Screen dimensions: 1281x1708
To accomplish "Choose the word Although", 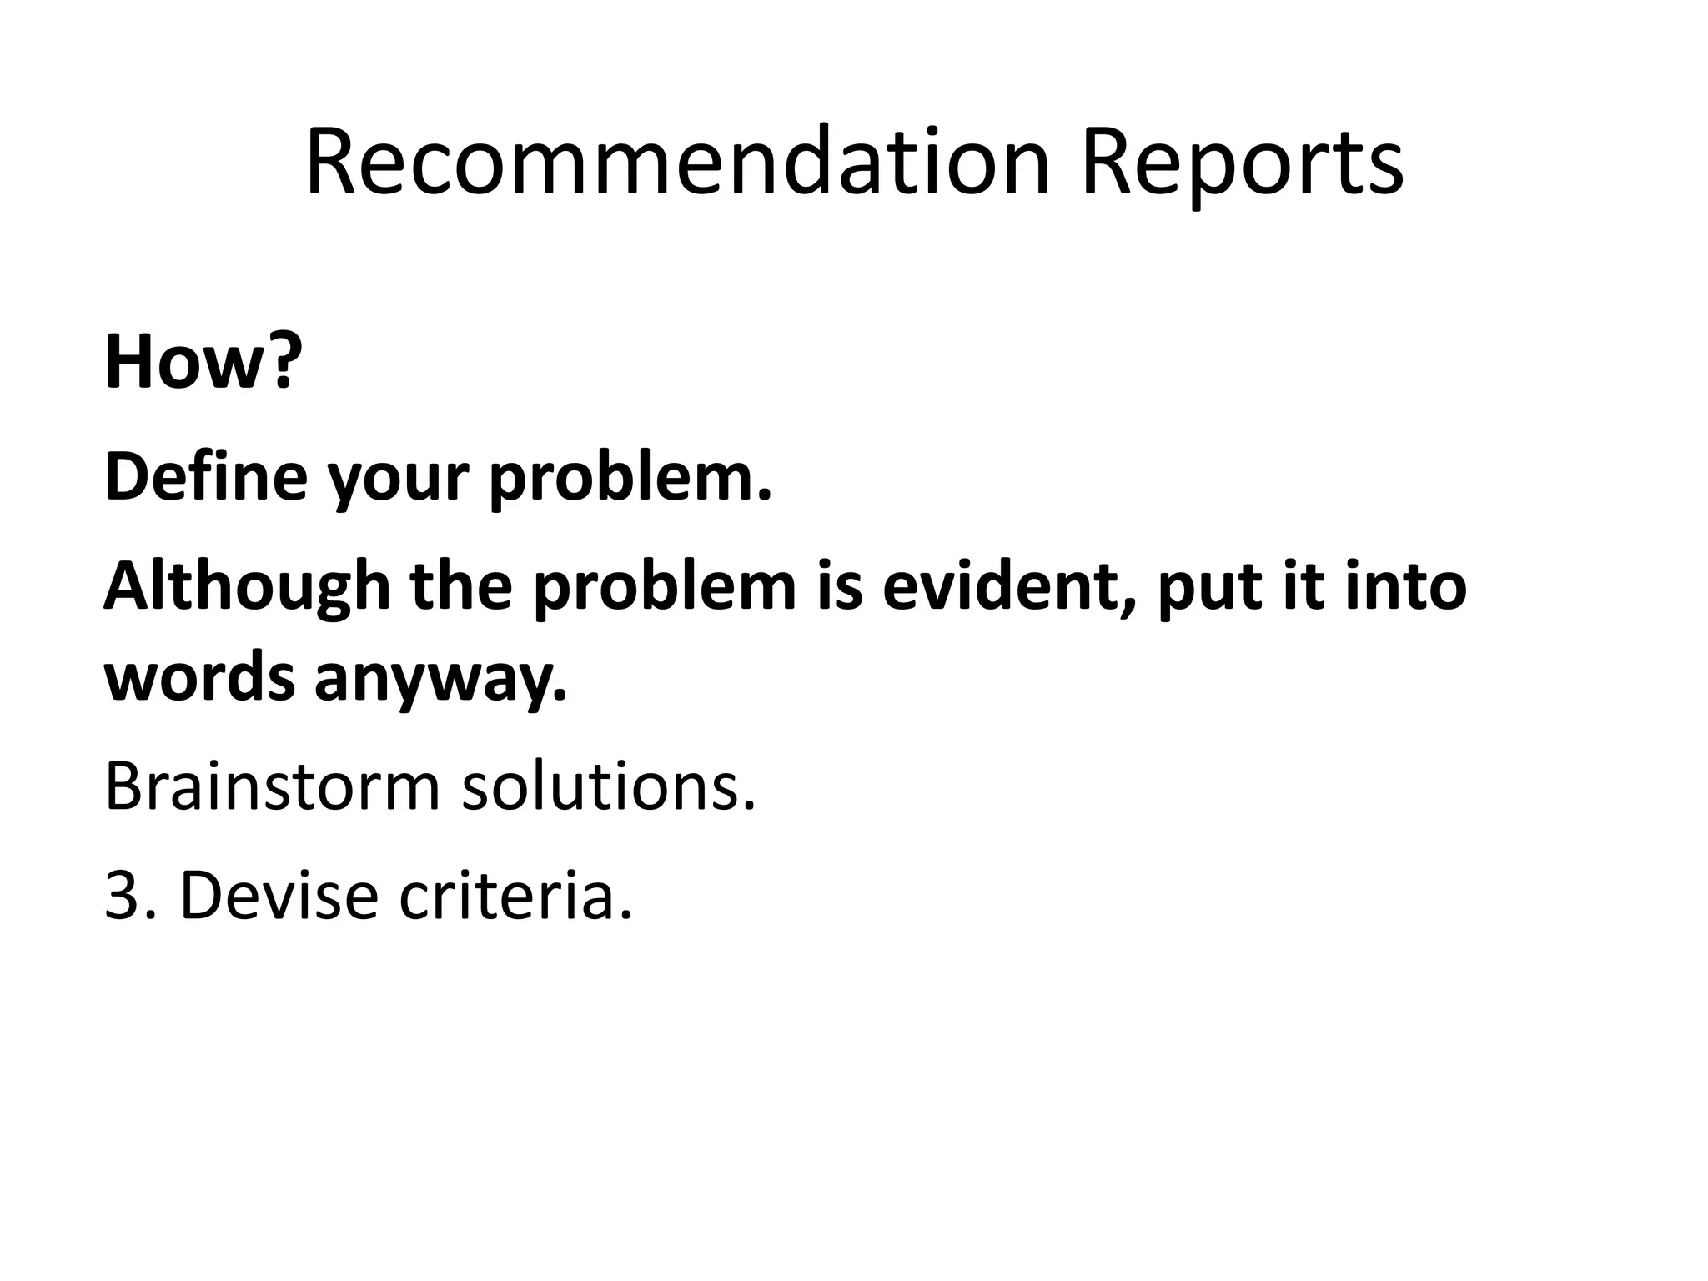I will pos(247,587).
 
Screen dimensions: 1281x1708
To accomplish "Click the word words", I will pos(199,677).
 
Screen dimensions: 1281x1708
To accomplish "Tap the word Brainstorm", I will pos(271,786).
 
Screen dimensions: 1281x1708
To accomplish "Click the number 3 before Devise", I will pos(122,896).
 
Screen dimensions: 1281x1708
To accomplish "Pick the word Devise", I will pos(279,896).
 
